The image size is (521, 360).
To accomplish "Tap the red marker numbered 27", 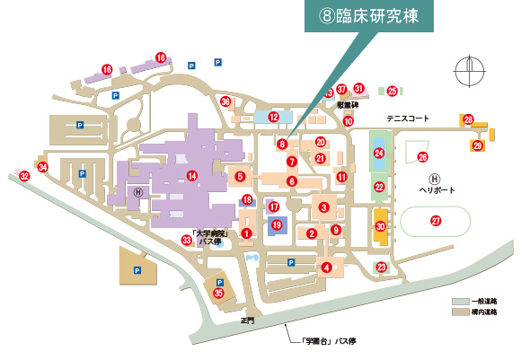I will (x=436, y=221).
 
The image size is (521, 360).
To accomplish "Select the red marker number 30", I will (x=380, y=227).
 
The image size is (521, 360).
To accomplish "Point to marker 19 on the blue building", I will (x=277, y=224).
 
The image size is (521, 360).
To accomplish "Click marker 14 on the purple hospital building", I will (x=191, y=175).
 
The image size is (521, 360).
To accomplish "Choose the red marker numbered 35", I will (x=218, y=292).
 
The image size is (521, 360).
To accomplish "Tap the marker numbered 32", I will (x=25, y=177).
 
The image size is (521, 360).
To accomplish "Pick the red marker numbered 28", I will (x=468, y=119).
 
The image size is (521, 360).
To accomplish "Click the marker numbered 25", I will (x=392, y=91).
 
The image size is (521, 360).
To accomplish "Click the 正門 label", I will (x=248, y=320).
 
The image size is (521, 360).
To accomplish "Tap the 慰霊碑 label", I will (x=349, y=105).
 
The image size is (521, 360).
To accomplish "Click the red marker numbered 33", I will (x=186, y=240).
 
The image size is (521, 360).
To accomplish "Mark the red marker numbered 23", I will (x=381, y=267).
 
